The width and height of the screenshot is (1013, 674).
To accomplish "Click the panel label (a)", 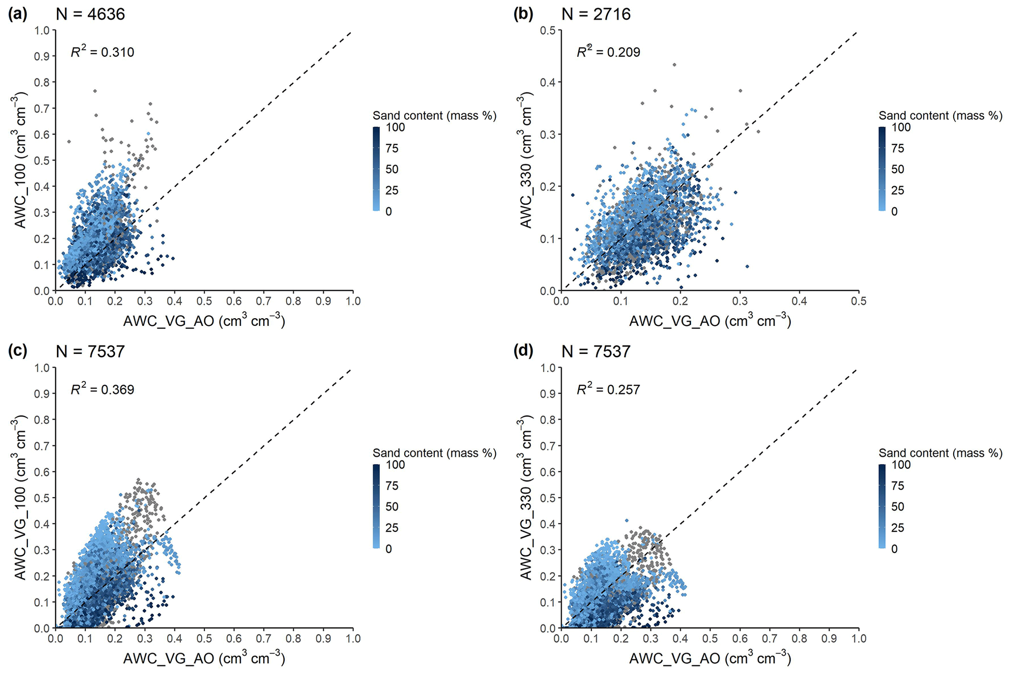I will [17, 14].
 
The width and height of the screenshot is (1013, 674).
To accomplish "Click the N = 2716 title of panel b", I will [596, 14].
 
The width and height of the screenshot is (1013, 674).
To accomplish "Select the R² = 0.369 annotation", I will [102, 389].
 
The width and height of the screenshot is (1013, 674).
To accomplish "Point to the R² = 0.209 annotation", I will [608, 51].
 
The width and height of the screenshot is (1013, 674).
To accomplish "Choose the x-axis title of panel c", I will [204, 658].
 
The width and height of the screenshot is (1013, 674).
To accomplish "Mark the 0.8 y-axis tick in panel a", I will [42, 82].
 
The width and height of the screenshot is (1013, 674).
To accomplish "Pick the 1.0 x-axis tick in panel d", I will [859, 638].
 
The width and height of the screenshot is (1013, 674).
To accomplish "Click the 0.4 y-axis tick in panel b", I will [548, 82].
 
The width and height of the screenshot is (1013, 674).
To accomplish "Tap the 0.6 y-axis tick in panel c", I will [42, 472].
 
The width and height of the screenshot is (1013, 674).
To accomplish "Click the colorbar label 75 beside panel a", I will [392, 149].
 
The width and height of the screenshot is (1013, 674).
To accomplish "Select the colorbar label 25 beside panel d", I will [898, 528].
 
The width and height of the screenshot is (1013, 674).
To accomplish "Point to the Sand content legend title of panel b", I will [940, 116].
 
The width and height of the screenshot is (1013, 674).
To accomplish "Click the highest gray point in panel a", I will [95, 91].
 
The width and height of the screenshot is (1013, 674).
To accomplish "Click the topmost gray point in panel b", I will [674, 65].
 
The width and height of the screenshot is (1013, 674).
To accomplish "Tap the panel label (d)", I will [523, 351].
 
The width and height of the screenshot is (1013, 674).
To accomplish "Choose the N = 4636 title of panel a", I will [90, 14].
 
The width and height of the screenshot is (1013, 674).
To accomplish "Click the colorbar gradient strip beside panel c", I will [376, 506].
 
